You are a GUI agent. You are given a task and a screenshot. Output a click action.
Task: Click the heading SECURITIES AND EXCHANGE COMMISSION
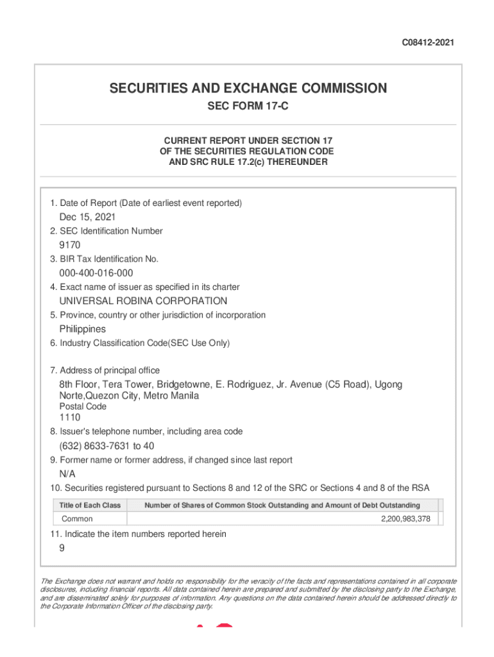tap(248, 88)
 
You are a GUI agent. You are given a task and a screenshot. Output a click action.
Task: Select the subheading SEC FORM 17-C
tap(248, 107)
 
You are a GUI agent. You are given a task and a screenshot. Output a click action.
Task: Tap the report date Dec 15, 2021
tap(87, 217)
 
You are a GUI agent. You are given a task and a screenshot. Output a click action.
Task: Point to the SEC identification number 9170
tap(70, 245)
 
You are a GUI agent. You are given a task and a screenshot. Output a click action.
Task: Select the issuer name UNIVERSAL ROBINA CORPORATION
tap(143, 301)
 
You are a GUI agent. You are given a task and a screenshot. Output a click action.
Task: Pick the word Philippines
tap(83, 329)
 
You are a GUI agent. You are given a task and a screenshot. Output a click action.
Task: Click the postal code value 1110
tap(70, 418)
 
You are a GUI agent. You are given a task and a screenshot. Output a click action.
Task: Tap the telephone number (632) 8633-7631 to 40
tap(106, 446)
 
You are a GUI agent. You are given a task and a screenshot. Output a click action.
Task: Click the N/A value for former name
tap(67, 474)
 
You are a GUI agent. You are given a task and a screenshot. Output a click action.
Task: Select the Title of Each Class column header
tap(90, 506)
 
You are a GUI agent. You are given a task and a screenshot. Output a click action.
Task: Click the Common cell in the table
tap(77, 519)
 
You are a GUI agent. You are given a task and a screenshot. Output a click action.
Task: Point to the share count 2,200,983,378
tap(405, 519)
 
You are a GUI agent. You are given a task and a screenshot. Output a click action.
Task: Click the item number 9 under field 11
tap(62, 548)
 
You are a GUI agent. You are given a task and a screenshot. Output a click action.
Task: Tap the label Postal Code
tap(83, 407)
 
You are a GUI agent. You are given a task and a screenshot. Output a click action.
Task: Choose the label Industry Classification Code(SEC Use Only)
tap(144, 343)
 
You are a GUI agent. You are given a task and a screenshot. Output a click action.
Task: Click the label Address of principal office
tap(110, 370)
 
